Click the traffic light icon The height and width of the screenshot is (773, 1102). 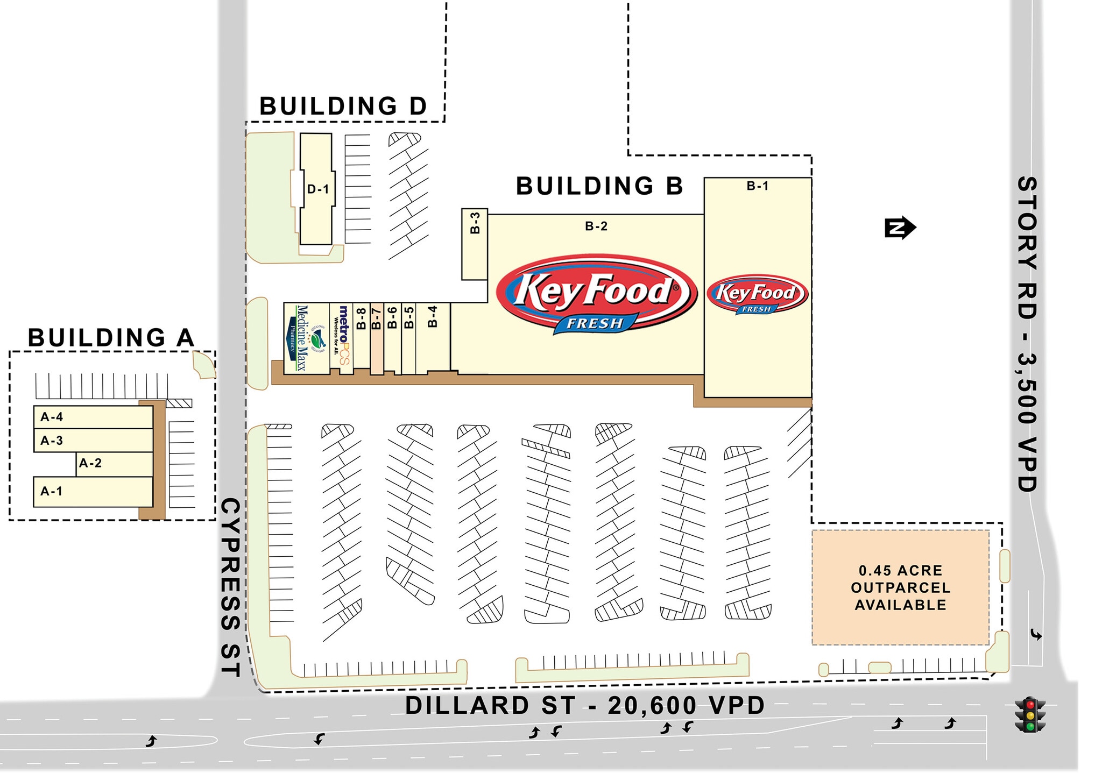point(1029,714)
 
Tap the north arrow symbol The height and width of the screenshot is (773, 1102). point(900,228)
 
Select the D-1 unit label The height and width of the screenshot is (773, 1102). point(317,189)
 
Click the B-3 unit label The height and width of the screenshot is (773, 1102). point(475,223)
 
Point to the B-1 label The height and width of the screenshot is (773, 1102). point(757,186)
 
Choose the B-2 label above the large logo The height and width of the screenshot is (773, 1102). point(596,226)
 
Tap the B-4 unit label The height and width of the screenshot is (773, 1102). point(433,316)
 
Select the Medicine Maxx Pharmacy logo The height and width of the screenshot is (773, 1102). point(306,338)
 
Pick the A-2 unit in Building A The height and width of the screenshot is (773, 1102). point(90,463)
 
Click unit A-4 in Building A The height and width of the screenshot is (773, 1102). point(52,417)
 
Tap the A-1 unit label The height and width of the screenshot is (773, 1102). point(52,491)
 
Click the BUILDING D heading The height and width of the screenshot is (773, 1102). point(343,106)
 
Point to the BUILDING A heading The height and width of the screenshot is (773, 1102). point(111,338)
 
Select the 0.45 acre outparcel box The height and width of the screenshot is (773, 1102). point(900,587)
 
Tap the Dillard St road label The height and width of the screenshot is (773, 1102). point(584,706)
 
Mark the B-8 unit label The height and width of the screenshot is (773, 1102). point(362,318)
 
